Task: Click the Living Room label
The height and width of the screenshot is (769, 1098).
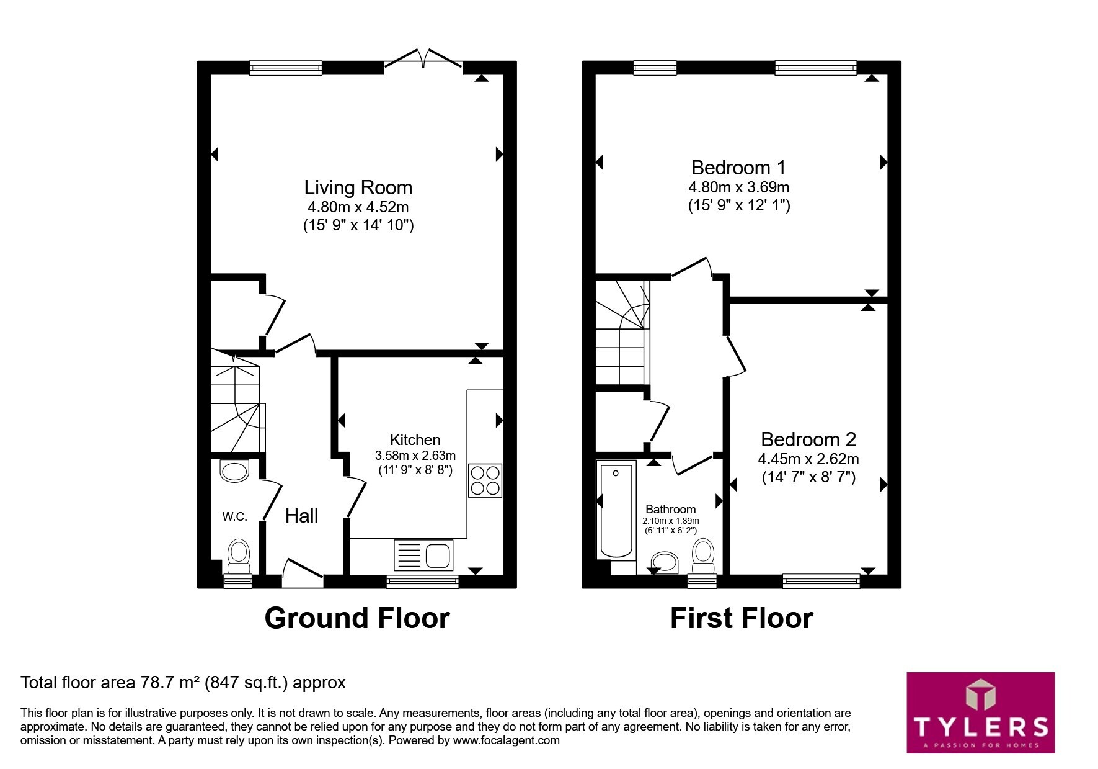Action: pyautogui.click(x=358, y=187)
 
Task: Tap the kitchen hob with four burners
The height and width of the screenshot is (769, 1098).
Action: pyautogui.click(x=485, y=480)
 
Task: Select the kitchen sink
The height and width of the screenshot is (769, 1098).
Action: pyautogui.click(x=423, y=555)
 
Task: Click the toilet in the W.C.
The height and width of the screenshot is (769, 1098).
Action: pyautogui.click(x=239, y=556)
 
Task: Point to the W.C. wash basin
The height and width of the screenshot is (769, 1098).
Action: pyautogui.click(x=234, y=471)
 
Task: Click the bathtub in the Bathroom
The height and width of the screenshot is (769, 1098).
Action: pyautogui.click(x=616, y=510)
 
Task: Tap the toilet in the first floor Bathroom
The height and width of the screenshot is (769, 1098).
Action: pyautogui.click(x=703, y=556)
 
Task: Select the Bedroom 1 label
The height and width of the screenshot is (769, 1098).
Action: pyautogui.click(x=738, y=168)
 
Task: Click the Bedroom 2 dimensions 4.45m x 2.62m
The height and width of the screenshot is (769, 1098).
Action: pyautogui.click(x=808, y=459)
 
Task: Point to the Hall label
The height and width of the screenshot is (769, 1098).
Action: pyautogui.click(x=301, y=516)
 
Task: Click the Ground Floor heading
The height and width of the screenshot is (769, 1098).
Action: pyautogui.click(x=357, y=618)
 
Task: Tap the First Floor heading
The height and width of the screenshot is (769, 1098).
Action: pyautogui.click(x=742, y=618)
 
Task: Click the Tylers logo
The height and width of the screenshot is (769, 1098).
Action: pyautogui.click(x=980, y=713)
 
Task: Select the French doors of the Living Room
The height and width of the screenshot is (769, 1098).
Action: pyautogui.click(x=423, y=58)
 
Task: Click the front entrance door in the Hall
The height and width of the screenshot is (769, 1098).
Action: pyautogui.click(x=303, y=572)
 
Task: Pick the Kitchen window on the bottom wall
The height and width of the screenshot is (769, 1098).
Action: pyautogui.click(x=422, y=582)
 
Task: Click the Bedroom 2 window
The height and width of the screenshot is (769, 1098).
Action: pyautogui.click(x=821, y=582)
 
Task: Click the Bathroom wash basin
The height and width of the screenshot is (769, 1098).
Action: pyautogui.click(x=663, y=562)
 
